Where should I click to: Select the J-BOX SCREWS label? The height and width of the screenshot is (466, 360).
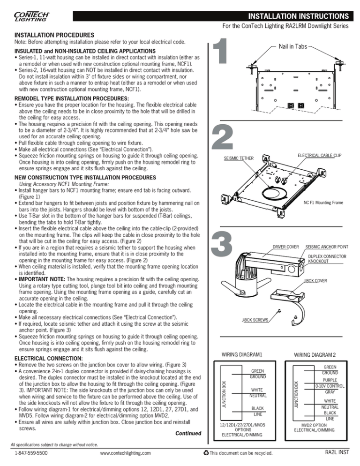256,320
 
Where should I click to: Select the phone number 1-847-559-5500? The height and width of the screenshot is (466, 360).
32,453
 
